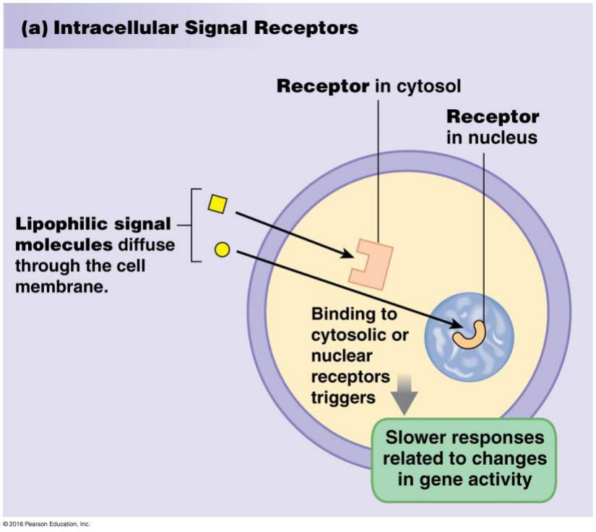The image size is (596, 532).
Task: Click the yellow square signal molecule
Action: click(217, 205)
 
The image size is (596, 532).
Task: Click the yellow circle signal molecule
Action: click(223, 250)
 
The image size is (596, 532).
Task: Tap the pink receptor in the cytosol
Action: click(371, 265)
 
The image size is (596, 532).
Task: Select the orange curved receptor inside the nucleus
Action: click(470, 335)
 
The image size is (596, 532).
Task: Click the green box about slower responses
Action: click(465, 460)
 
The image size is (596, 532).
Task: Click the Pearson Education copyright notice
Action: click(47, 524)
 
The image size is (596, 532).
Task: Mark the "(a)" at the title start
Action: click(35, 28)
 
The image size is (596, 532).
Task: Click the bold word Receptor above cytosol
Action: click(323, 87)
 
